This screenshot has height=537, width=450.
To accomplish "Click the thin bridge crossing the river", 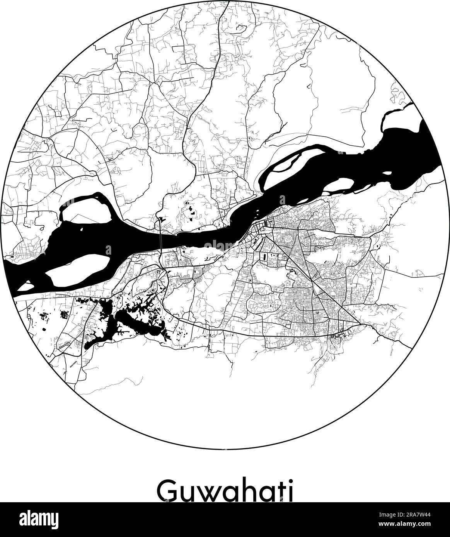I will point(160,240).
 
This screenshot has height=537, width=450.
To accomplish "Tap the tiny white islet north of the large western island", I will point(82,231).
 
